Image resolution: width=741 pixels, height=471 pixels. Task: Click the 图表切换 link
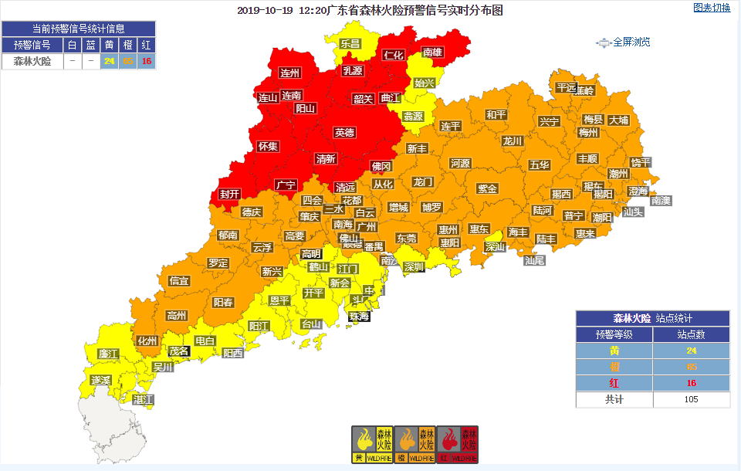coord(711,8)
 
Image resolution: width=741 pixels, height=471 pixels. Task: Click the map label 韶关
coord(364,99)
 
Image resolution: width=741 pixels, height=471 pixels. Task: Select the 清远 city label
coord(345,188)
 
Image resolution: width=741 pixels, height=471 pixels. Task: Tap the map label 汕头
coord(633,211)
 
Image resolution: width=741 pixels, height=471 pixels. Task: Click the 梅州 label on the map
coord(588,132)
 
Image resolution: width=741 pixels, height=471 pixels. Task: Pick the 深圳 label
coord(414,267)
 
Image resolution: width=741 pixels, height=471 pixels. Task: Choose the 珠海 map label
coord(359,317)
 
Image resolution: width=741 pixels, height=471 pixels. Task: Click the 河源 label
coord(460,164)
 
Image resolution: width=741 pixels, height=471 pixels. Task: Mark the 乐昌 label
coord(350,44)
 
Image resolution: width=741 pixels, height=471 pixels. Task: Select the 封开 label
coord(229,195)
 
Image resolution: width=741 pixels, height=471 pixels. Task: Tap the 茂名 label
coord(179,350)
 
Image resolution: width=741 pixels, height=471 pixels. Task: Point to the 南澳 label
coord(661,200)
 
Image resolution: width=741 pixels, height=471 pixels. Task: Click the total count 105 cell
coord(691,399)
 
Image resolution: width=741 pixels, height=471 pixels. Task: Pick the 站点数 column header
coord(691,334)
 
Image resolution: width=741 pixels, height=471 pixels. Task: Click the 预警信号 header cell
coord(32,45)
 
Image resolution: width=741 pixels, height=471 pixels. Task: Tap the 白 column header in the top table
coord(72,45)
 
